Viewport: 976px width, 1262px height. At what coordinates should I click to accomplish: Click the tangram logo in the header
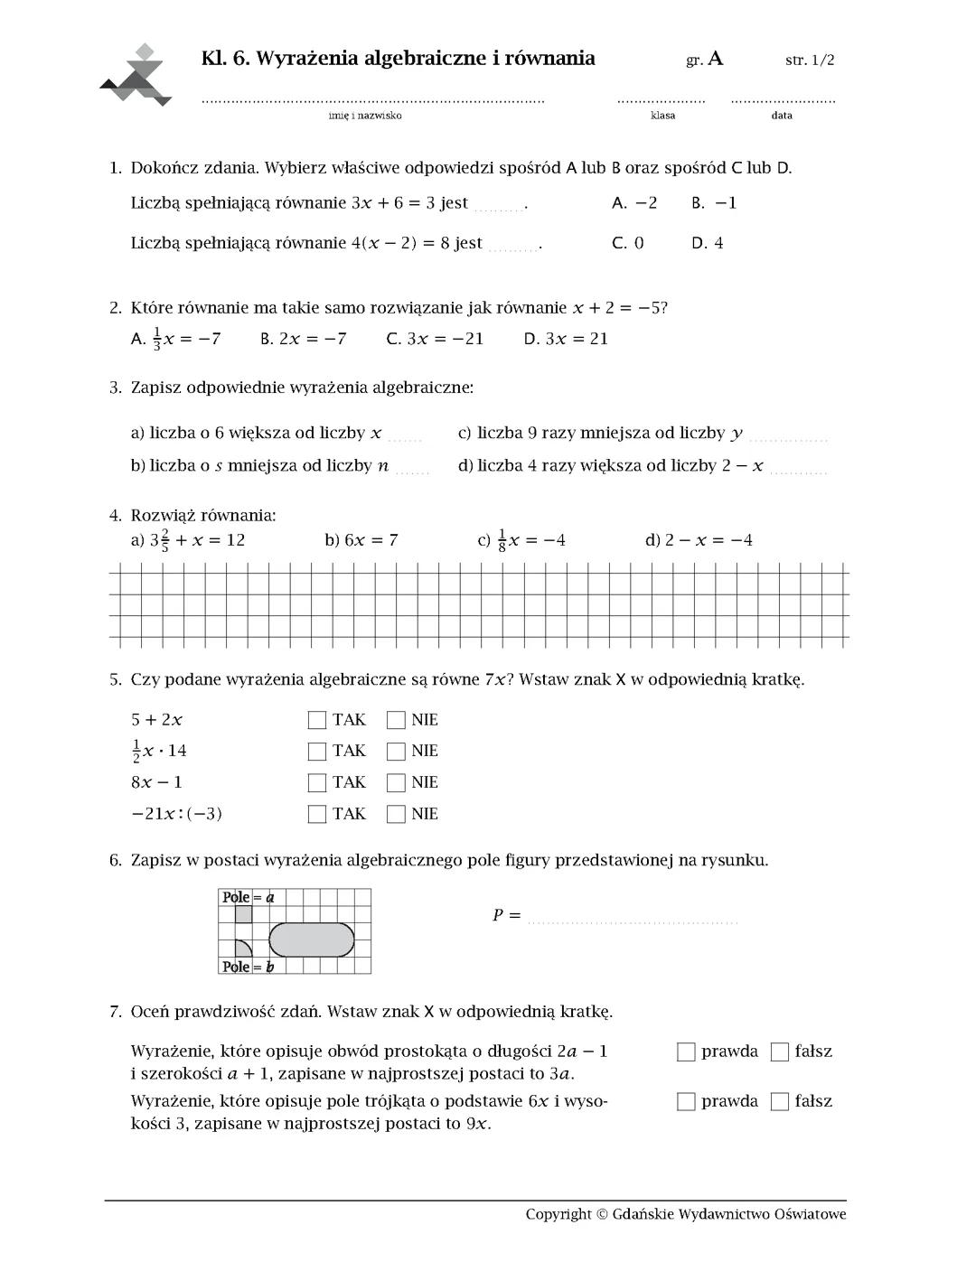136,76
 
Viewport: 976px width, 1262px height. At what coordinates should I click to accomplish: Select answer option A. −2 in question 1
634,203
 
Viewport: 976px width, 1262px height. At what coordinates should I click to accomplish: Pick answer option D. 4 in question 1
708,243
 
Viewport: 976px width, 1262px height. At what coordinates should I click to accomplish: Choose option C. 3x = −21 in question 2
435,339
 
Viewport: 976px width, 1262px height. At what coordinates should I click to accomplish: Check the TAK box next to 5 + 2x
317,720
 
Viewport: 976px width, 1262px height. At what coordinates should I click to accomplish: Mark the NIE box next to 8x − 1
396,782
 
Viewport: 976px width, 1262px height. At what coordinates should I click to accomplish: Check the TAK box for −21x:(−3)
317,814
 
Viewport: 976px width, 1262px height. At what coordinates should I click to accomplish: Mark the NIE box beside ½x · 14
396,751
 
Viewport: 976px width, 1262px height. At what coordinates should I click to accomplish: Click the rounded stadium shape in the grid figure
312,939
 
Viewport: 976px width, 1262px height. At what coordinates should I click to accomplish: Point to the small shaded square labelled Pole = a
243,914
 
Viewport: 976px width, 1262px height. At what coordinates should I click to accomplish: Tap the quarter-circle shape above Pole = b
242,949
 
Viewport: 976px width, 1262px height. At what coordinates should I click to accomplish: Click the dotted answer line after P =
633,921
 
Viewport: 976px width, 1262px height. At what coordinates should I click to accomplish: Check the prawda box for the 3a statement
687,1052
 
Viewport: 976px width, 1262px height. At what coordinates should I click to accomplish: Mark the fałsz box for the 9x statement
780,1101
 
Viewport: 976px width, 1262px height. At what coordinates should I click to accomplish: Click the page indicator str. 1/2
810,61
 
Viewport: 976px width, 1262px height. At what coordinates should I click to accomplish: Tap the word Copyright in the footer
558,1213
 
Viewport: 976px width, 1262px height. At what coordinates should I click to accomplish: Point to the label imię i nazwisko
365,116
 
